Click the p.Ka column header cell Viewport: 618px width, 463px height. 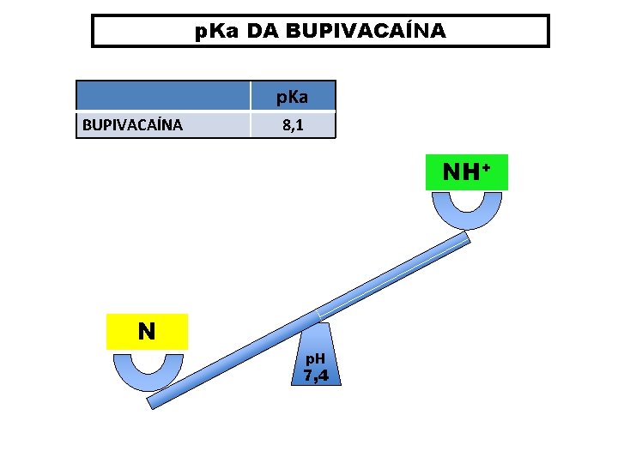292,96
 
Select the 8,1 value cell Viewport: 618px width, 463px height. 292,125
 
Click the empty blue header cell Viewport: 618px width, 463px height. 163,96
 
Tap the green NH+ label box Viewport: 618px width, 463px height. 466,171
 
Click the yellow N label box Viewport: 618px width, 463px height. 147,332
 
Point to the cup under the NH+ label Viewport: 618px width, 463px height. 466,213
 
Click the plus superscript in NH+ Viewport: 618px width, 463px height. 486,167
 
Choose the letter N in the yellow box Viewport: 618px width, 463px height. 147,332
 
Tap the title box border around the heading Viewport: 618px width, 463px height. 93,31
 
